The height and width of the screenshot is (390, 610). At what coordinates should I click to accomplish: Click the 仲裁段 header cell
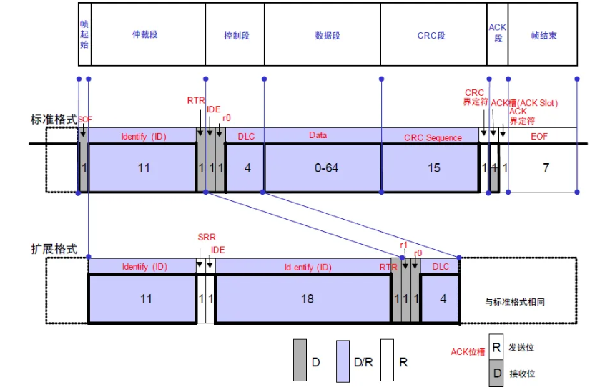coord(145,35)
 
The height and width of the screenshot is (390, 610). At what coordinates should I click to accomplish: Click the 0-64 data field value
coord(326,168)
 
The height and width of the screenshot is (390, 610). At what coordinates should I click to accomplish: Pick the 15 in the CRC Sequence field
coord(433,168)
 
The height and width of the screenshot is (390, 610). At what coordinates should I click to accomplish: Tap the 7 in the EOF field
coord(546,168)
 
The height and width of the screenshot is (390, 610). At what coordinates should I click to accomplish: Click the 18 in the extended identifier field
coord(307,298)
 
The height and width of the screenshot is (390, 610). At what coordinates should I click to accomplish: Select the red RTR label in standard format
coord(196,101)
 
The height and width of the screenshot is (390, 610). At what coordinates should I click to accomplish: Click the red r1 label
coord(403,245)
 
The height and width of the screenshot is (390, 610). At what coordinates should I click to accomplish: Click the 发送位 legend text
coord(521,347)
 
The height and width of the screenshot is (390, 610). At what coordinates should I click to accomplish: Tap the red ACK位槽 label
coord(468,352)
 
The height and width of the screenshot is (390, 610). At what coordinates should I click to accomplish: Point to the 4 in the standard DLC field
coord(248,168)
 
